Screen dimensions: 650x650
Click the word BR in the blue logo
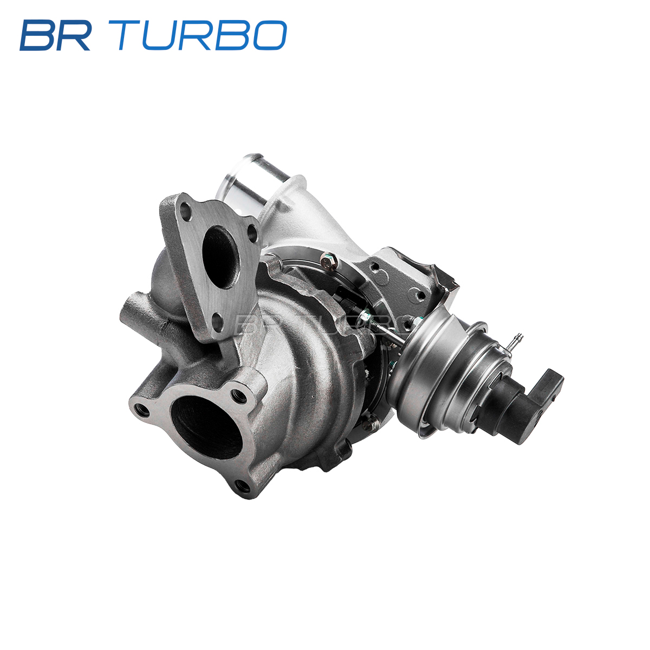tap(55, 35)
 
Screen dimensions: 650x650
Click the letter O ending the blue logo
tap(270, 35)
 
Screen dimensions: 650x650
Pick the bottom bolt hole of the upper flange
tap(219, 322)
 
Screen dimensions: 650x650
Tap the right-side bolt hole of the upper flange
tap(252, 233)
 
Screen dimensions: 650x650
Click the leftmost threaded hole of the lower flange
tap(142, 410)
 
